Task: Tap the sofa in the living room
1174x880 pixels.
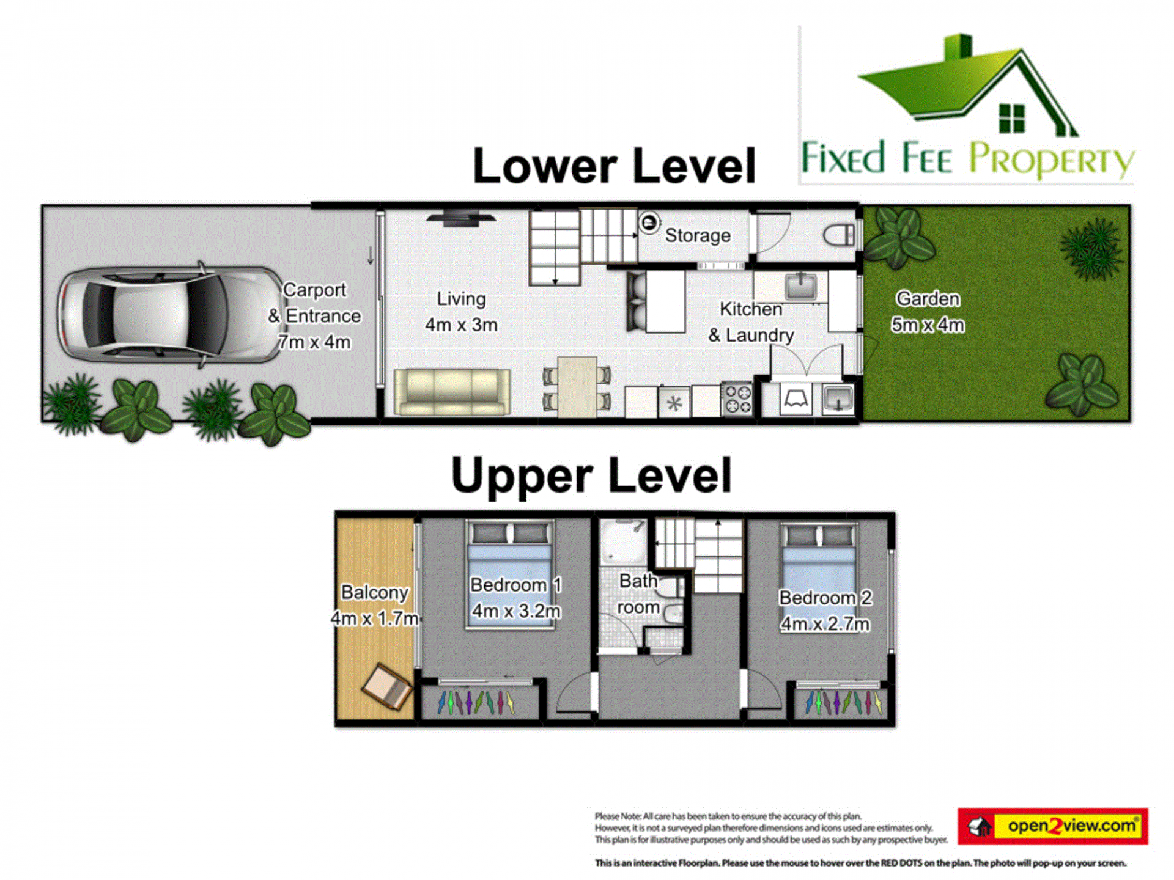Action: point(452,392)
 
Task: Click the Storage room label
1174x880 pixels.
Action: point(698,235)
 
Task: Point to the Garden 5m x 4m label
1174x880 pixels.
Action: point(928,312)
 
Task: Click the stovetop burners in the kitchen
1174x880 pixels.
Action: point(737,399)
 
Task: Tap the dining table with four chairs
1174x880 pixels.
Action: point(577,387)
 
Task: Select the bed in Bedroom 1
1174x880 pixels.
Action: point(509,574)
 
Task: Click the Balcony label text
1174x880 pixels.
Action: point(374,592)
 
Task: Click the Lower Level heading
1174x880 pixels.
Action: point(615,166)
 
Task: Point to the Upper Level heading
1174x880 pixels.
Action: point(591,475)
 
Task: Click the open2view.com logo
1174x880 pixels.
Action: point(1052,826)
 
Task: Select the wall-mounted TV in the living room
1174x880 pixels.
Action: point(461,218)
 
